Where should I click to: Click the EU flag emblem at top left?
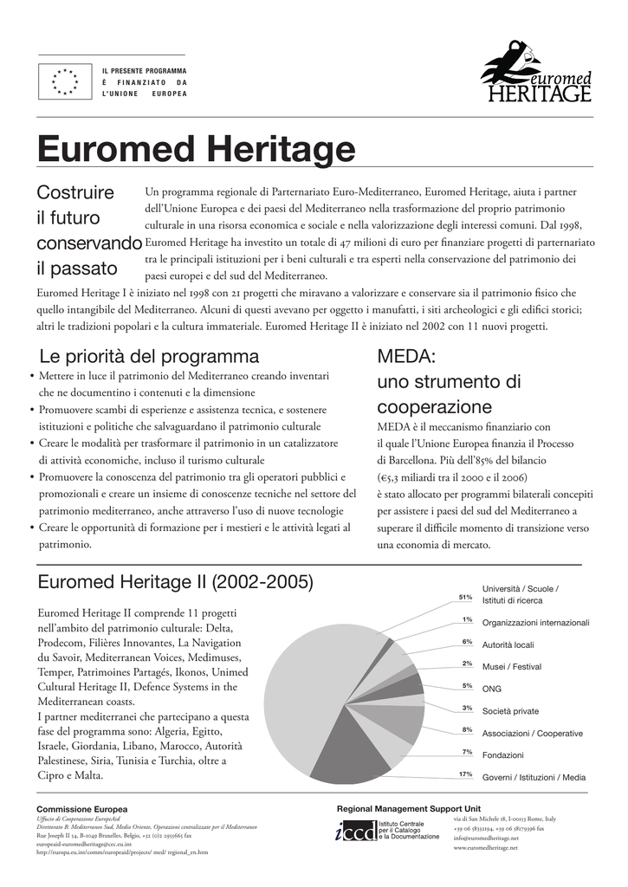coord(65,81)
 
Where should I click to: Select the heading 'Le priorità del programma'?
coord(149,356)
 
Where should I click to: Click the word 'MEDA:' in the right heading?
coord(405,356)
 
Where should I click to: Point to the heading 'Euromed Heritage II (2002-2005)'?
coord(176,580)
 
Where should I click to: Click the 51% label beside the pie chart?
coord(465,597)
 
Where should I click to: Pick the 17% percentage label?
coord(465,774)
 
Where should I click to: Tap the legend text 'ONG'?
coord(491,689)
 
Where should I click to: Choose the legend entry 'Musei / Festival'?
coord(512,667)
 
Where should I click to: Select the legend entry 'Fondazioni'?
coord(502,755)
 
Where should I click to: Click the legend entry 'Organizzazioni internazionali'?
coord(535,623)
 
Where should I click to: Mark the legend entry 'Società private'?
coord(510,711)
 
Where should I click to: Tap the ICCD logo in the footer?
coord(355,831)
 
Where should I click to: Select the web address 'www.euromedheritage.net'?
coord(485,848)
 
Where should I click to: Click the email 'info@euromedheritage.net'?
coord(486,838)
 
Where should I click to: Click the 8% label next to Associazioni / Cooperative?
coord(467,729)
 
